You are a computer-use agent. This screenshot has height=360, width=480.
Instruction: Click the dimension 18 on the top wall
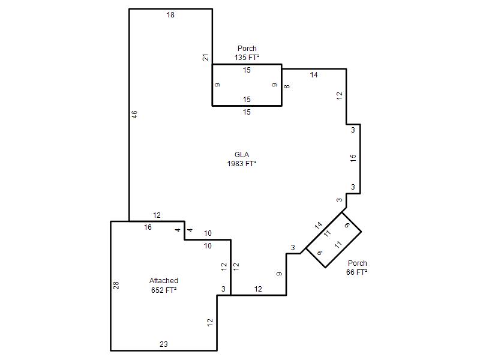tap(170, 14)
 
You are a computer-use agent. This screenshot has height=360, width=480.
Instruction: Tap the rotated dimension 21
tap(206, 57)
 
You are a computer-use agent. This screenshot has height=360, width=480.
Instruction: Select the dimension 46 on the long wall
tap(134, 115)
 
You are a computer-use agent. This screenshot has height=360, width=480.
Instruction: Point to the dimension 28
tap(116, 286)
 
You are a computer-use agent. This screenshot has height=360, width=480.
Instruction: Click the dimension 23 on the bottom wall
tap(164, 344)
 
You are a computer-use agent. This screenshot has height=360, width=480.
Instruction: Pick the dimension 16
tap(148, 227)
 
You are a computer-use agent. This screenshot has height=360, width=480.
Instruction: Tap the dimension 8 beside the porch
tap(287, 86)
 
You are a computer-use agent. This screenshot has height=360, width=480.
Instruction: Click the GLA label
tap(242, 155)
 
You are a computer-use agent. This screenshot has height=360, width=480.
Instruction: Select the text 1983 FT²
tap(242, 164)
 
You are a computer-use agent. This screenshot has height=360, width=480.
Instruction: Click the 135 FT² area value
tap(247, 57)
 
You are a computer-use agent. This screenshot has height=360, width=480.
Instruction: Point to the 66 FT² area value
tap(357, 272)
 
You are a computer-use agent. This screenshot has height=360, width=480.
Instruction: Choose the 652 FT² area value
tap(164, 290)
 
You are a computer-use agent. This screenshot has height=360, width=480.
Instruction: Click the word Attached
tap(164, 281)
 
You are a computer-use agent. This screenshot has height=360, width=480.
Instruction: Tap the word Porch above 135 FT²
tap(247, 49)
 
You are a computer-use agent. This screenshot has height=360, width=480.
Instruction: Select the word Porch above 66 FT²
tap(358, 263)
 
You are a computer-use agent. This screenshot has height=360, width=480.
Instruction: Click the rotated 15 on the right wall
tap(353, 158)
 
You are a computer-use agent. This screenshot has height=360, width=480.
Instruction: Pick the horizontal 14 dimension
tap(314, 75)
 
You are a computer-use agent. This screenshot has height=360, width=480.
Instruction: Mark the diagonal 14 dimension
tap(319, 226)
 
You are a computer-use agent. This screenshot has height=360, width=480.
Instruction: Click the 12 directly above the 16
tap(157, 215)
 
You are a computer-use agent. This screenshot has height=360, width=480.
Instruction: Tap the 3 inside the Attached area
tap(223, 289)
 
